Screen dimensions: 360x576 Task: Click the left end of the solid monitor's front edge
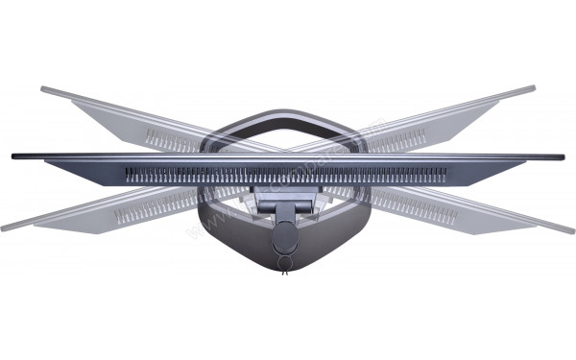(x=13, y=156)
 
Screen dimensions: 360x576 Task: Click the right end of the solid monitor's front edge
(x=563, y=156)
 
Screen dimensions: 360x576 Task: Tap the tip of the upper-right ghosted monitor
(x=533, y=89)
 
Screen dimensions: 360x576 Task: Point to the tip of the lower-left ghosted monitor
(x=5, y=228)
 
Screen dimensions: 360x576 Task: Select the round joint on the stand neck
(x=284, y=239)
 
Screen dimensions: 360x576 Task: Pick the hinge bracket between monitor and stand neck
(x=284, y=202)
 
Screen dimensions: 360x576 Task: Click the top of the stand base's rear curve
(x=288, y=112)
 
